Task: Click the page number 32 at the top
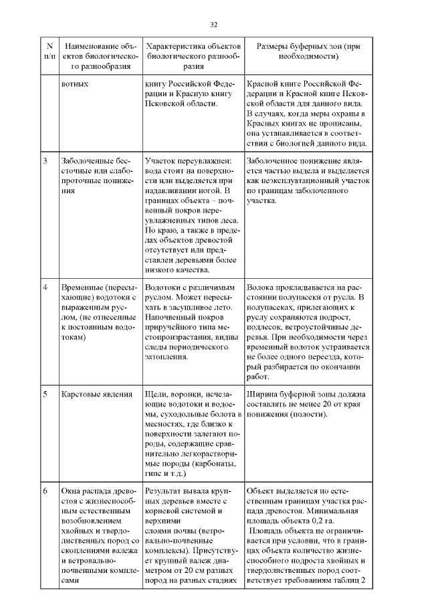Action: (213, 25)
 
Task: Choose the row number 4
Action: (45, 287)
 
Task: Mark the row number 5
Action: (45, 394)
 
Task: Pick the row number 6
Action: (45, 490)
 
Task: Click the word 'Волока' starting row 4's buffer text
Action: (261, 287)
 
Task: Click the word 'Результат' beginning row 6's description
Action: (165, 490)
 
